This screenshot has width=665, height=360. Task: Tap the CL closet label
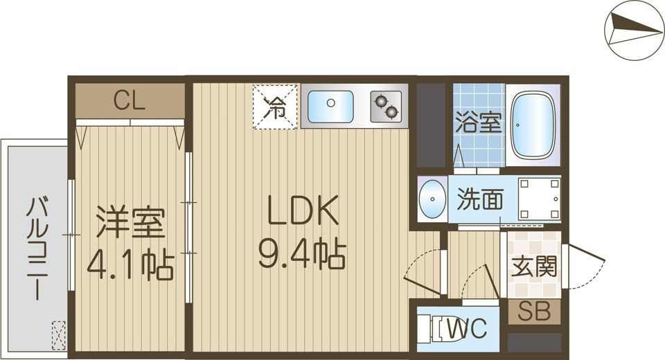(130, 102)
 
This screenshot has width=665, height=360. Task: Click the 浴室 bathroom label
(479, 125)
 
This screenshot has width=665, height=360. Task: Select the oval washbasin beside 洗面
(433, 199)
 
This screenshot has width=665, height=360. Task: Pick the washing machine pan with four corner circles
(540, 199)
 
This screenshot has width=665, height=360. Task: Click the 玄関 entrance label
(534, 267)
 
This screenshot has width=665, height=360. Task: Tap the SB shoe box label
(534, 312)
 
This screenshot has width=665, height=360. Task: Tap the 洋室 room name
(130, 224)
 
